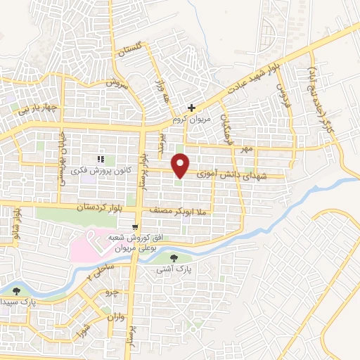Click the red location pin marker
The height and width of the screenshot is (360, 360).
(x=181, y=165)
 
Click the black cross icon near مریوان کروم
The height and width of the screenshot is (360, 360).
(x=191, y=108)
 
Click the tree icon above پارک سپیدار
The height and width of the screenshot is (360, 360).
(x=17, y=290)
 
